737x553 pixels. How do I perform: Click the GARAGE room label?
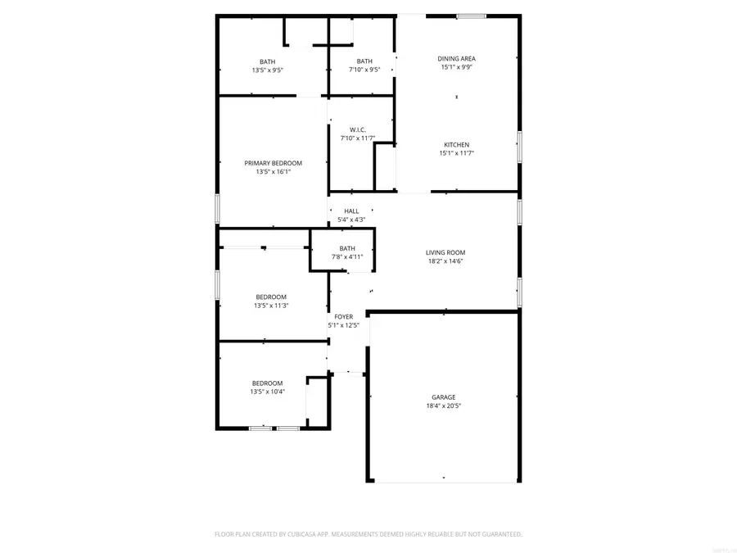point(444,397)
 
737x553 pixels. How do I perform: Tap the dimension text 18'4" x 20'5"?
point(444,406)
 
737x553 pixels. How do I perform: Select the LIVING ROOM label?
point(445,252)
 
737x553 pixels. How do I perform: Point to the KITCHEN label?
point(456,144)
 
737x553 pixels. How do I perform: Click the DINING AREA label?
point(456,58)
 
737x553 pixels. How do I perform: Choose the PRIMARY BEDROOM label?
point(273,163)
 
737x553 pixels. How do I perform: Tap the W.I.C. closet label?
point(358,129)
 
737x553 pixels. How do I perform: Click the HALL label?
point(351,211)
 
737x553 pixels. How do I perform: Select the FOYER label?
point(343,316)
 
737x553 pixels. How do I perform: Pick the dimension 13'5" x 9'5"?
point(268,70)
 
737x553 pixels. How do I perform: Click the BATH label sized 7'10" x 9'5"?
point(364,61)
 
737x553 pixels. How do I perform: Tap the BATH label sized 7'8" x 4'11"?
point(347,248)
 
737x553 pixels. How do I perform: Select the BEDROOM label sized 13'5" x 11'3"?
point(271,297)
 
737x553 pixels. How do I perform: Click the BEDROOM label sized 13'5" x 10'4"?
point(267,383)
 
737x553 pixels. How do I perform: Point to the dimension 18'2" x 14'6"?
point(445,261)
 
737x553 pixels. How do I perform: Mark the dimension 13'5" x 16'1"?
point(273,172)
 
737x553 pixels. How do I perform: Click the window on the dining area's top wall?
point(471,16)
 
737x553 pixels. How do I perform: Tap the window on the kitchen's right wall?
point(519,146)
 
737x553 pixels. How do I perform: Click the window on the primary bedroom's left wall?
point(217,208)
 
